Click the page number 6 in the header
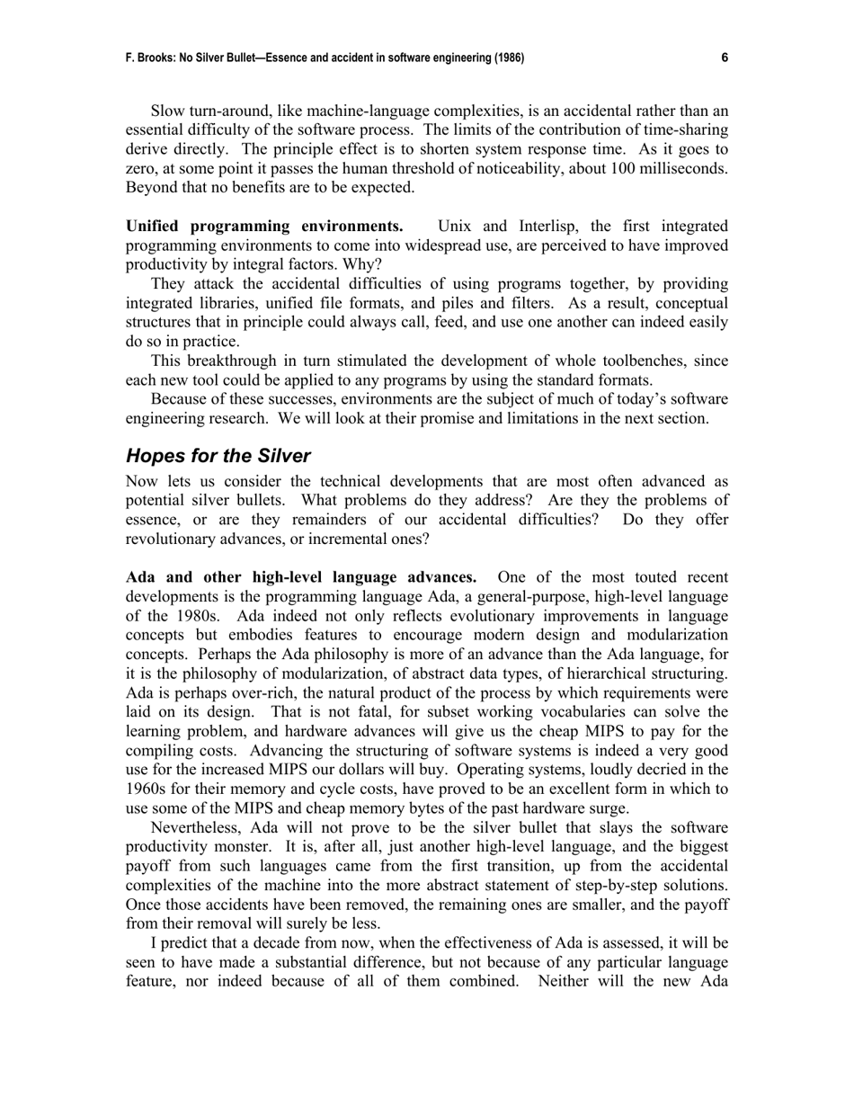click(724, 58)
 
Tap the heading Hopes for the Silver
click(218, 455)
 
